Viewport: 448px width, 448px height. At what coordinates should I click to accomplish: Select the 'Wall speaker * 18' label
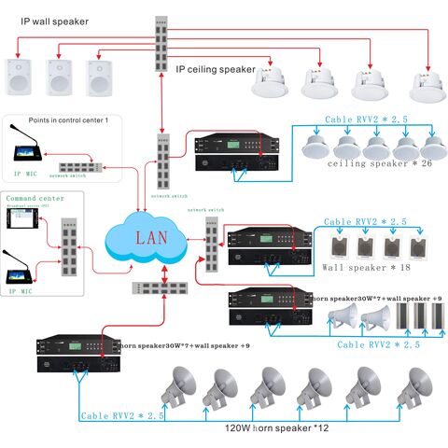pos(366,268)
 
